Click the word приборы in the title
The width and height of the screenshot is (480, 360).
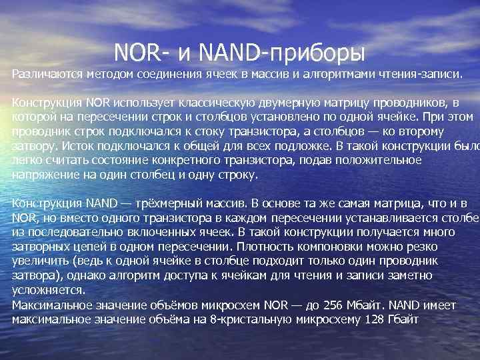pyautogui.click(x=319, y=51)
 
